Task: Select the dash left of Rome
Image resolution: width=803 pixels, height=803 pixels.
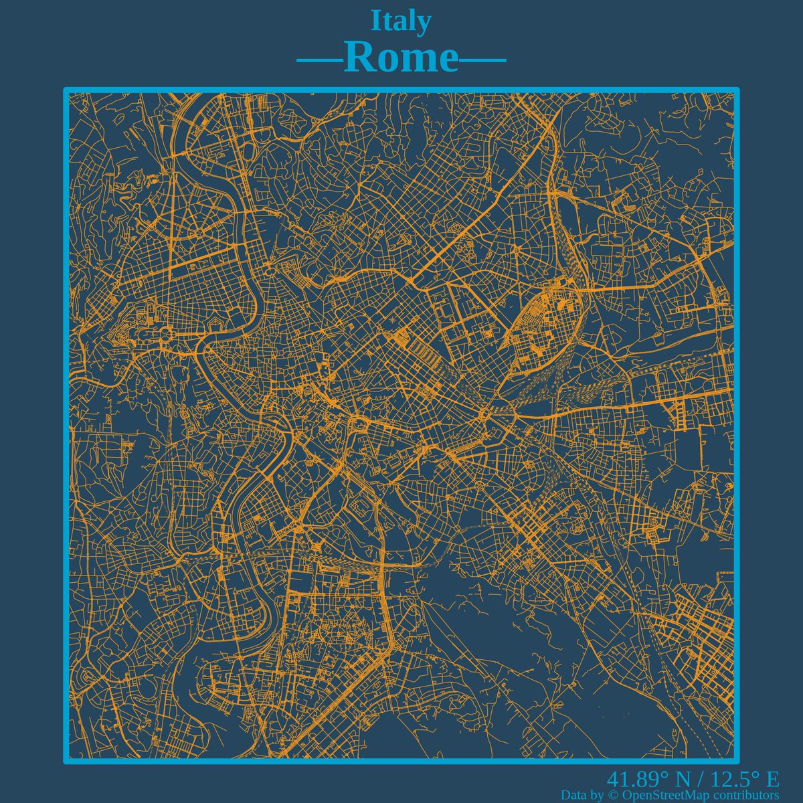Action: click(x=319, y=61)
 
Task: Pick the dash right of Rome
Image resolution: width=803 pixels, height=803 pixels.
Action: click(x=482, y=61)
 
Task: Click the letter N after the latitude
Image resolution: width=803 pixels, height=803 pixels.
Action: click(x=683, y=780)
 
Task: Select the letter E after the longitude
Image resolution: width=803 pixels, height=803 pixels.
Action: click(x=772, y=780)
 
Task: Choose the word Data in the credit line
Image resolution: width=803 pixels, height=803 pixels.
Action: click(x=575, y=795)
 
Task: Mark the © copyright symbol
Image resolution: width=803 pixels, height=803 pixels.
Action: click(x=614, y=795)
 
